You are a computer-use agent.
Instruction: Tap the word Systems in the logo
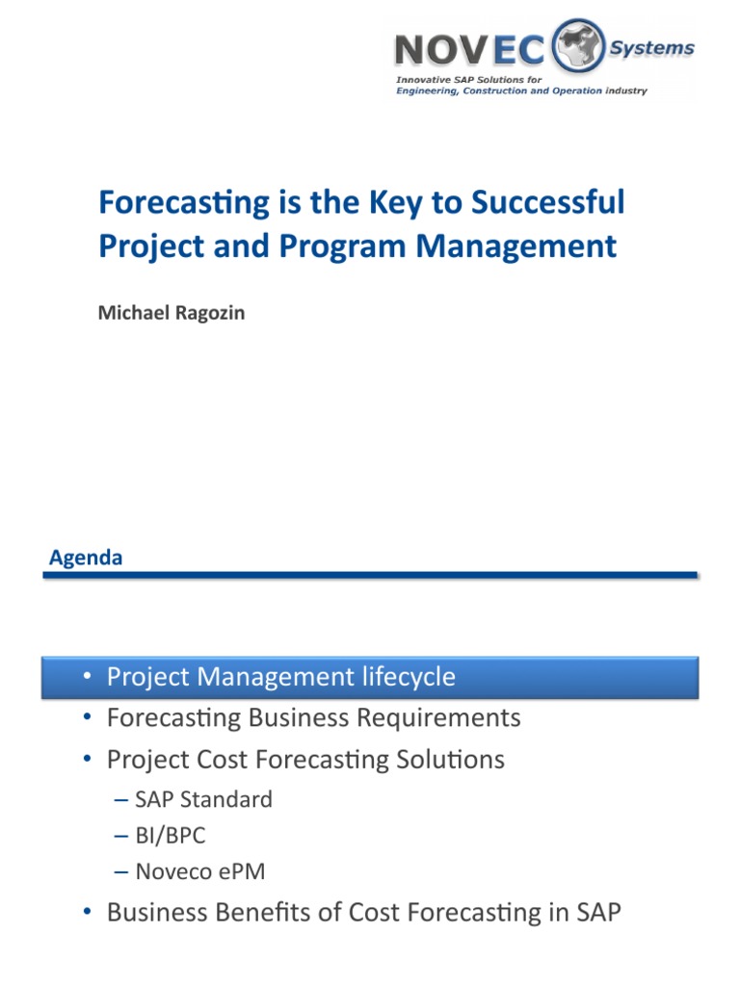click(x=654, y=48)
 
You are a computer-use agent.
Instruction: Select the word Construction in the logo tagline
click(x=506, y=91)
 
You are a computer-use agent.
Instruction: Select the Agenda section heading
click(x=86, y=558)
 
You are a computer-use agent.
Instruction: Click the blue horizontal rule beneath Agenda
click(x=370, y=575)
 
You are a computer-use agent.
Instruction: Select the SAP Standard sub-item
click(x=203, y=799)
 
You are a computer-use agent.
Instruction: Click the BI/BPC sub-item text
click(x=171, y=836)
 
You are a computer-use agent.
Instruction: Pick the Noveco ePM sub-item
click(x=199, y=872)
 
